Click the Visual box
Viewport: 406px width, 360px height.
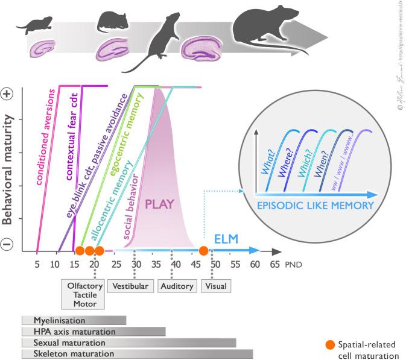pos(216,286)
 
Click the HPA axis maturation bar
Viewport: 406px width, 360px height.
pos(94,331)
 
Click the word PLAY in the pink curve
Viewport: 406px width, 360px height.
pos(159,204)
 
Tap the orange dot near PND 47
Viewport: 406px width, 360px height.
pos(204,250)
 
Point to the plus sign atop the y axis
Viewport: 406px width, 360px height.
pos(9,94)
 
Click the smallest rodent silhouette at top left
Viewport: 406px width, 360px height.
pos(29,25)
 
